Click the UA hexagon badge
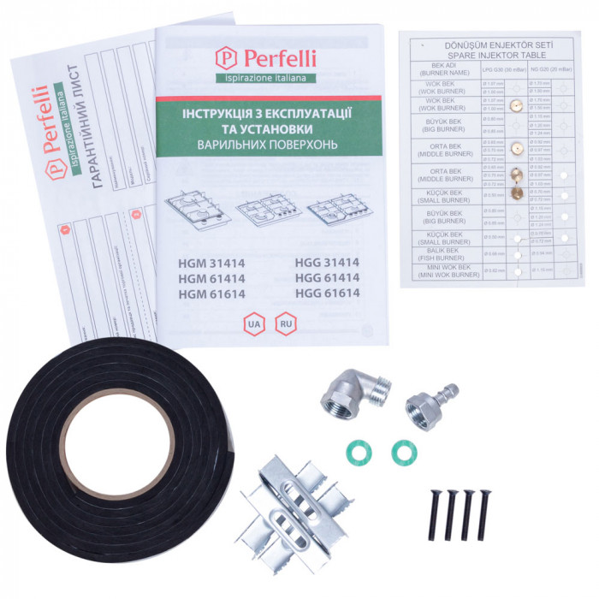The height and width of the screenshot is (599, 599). click(x=253, y=325)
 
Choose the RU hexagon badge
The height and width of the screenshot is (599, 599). click(x=285, y=325)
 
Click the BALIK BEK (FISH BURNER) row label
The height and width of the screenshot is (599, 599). click(x=446, y=254)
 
